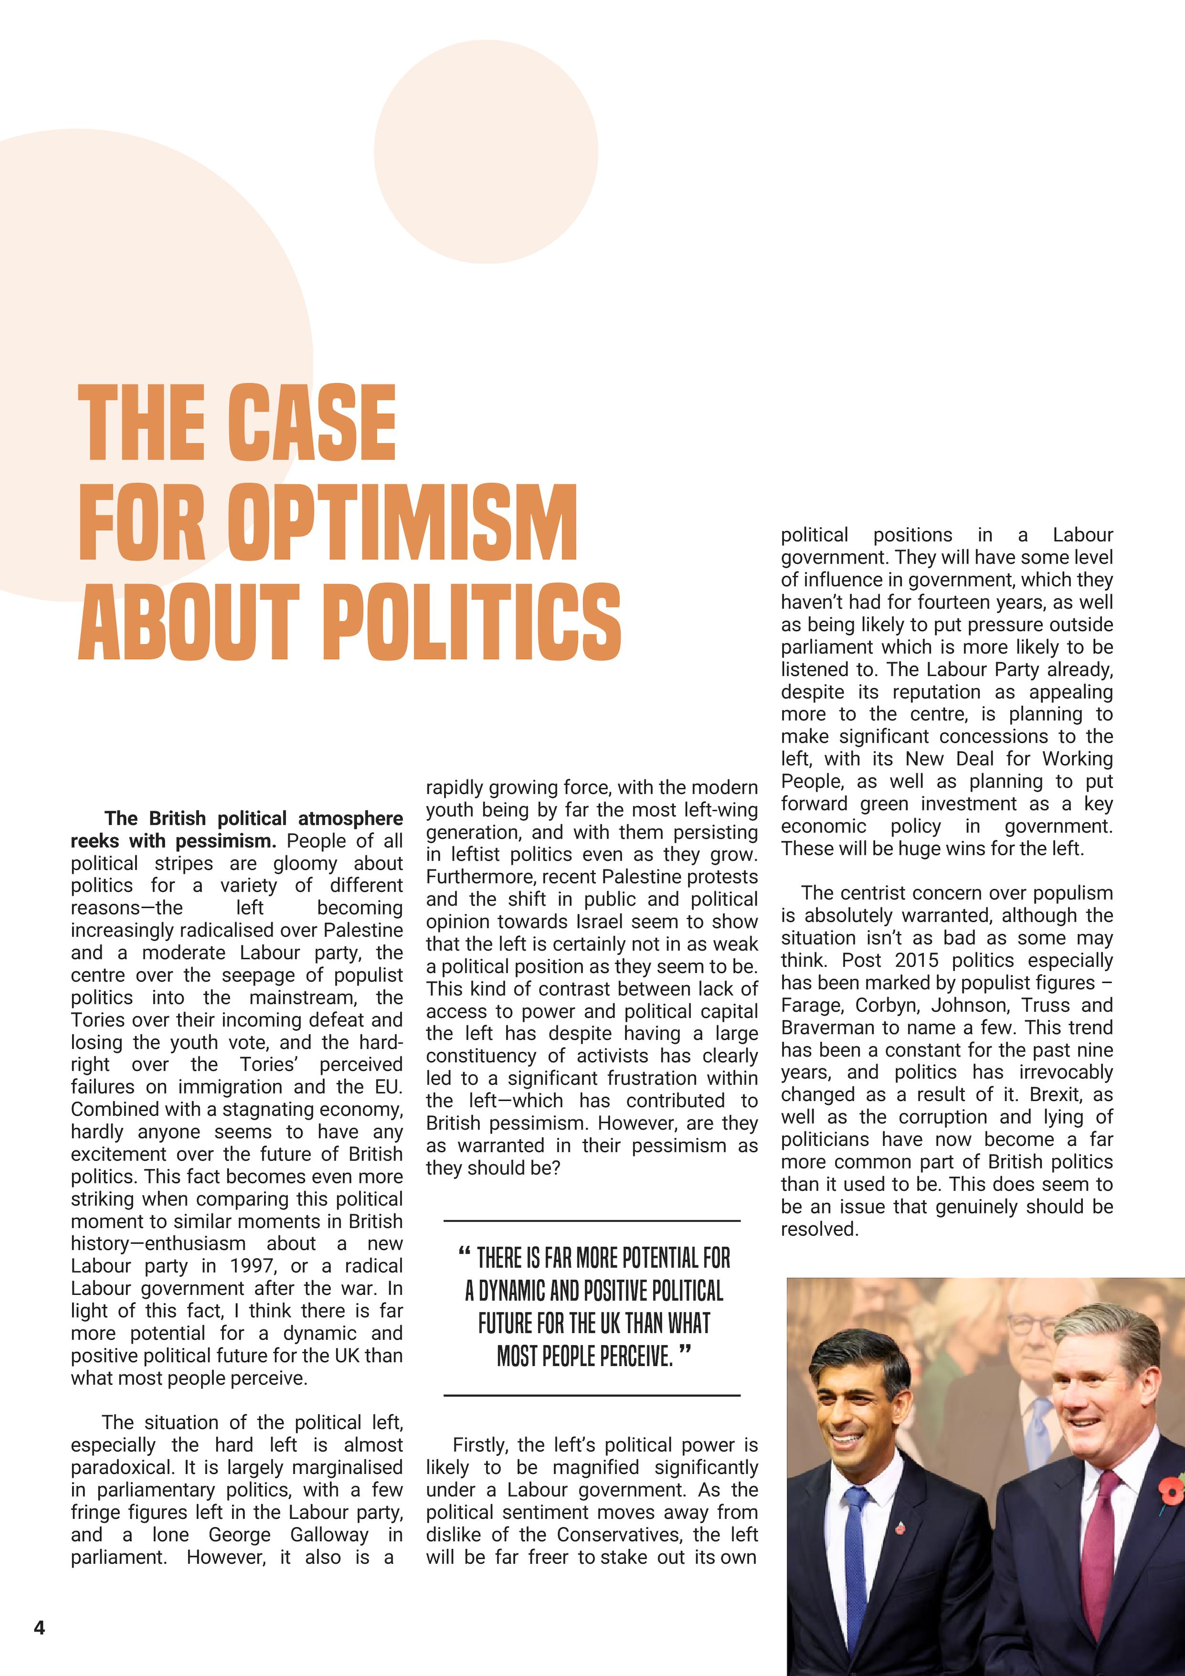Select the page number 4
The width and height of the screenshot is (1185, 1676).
(x=40, y=1627)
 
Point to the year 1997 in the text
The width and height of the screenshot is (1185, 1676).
(x=253, y=1266)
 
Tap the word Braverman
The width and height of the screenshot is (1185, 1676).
(x=826, y=1028)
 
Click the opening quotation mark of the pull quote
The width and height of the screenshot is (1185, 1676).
(x=464, y=1253)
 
